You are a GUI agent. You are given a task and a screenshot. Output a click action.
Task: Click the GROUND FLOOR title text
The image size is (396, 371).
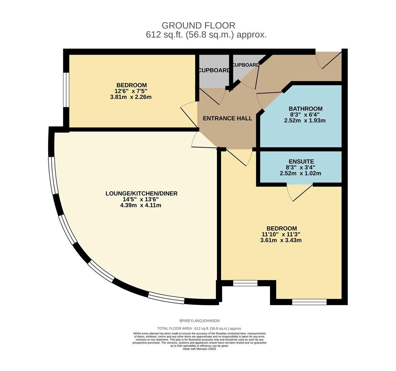click(198, 25)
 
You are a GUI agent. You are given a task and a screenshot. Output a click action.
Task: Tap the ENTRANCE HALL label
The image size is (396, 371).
click(227, 119)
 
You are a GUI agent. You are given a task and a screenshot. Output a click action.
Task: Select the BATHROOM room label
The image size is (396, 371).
click(305, 109)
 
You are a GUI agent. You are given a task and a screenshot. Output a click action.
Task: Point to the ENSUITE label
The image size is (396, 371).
click(301, 161)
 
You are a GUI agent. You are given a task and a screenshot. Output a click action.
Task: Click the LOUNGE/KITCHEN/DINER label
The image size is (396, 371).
click(141, 193)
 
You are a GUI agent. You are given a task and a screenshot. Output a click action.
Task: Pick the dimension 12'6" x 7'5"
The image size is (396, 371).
click(131, 91)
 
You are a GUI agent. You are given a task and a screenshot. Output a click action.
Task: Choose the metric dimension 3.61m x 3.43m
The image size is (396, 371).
click(281, 240)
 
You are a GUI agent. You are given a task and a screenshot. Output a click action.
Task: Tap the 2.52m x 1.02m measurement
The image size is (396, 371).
click(300, 173)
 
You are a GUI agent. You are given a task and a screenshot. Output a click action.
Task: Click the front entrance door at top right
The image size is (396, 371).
click(328, 60)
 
